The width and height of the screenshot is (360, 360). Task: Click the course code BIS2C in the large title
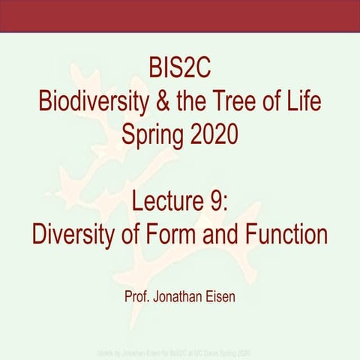pyautogui.click(x=179, y=73)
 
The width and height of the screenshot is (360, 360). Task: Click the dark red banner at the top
pyautogui.click(x=180, y=16)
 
